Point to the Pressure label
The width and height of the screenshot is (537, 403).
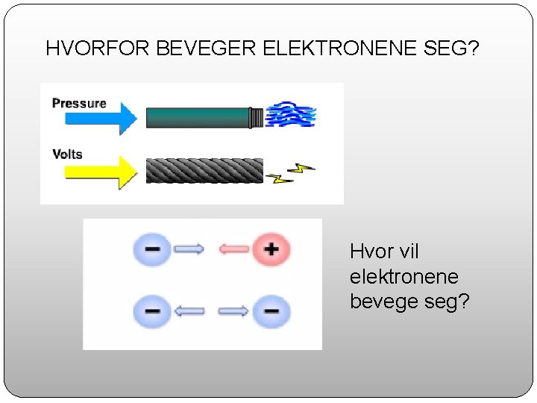(x=79, y=103)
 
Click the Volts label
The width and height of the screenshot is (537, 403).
(x=67, y=154)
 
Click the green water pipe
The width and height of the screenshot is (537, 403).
(x=200, y=118)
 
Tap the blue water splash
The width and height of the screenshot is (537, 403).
(x=292, y=116)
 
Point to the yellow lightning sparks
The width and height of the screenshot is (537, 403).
(x=290, y=173)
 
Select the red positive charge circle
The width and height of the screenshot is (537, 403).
(x=271, y=249)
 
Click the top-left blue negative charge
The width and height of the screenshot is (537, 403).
(x=151, y=249)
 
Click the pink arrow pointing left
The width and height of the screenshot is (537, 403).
(x=233, y=249)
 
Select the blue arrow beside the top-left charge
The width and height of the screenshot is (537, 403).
(x=189, y=249)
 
